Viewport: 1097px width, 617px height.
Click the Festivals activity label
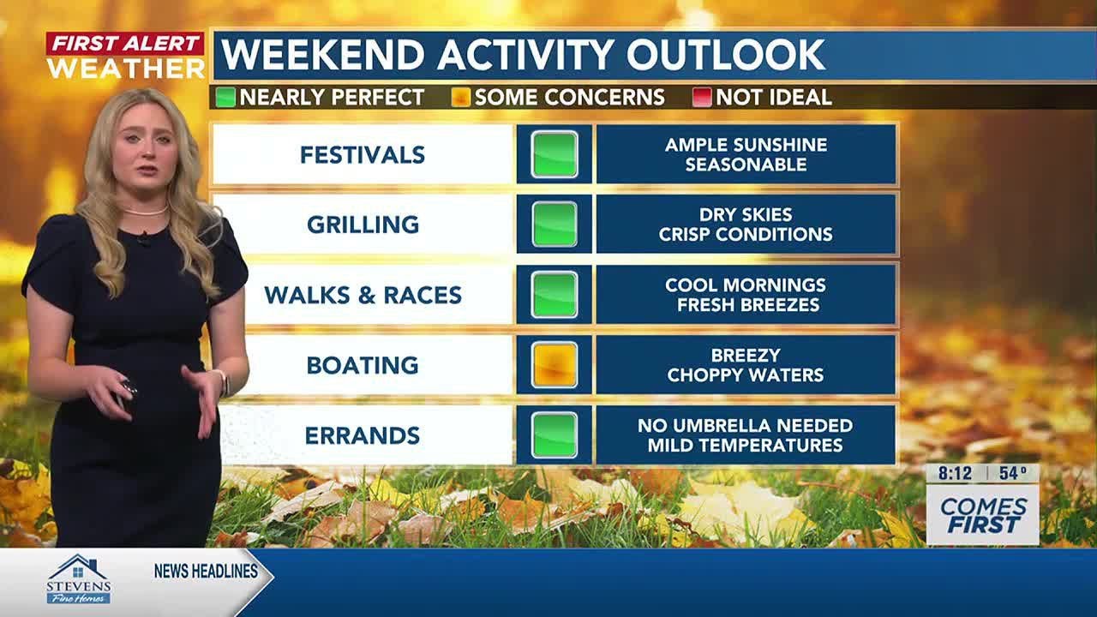[363, 155]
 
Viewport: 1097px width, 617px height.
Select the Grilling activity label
[363, 225]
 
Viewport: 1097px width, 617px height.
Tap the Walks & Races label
[363, 295]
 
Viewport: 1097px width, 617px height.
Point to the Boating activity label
[363, 365]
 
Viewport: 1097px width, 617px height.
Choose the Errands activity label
[363, 435]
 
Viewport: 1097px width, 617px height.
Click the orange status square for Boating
[554, 365]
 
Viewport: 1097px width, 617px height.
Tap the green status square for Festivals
[554, 154]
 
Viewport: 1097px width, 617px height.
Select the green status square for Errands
[554, 435]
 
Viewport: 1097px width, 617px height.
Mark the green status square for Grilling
[554, 225]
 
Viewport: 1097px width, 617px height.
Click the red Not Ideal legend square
[702, 98]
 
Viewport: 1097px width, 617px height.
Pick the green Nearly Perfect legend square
[225, 98]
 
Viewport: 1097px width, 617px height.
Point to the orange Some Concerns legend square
[461, 98]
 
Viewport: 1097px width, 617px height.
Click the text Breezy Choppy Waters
[746, 365]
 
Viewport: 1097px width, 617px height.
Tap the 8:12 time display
[954, 473]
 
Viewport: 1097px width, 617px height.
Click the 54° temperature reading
[1012, 473]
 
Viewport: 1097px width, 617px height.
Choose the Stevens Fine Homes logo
[78, 579]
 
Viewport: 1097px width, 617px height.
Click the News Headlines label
[206, 572]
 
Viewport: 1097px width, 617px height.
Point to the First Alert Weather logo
[125, 56]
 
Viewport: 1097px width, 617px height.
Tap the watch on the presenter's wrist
[222, 382]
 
